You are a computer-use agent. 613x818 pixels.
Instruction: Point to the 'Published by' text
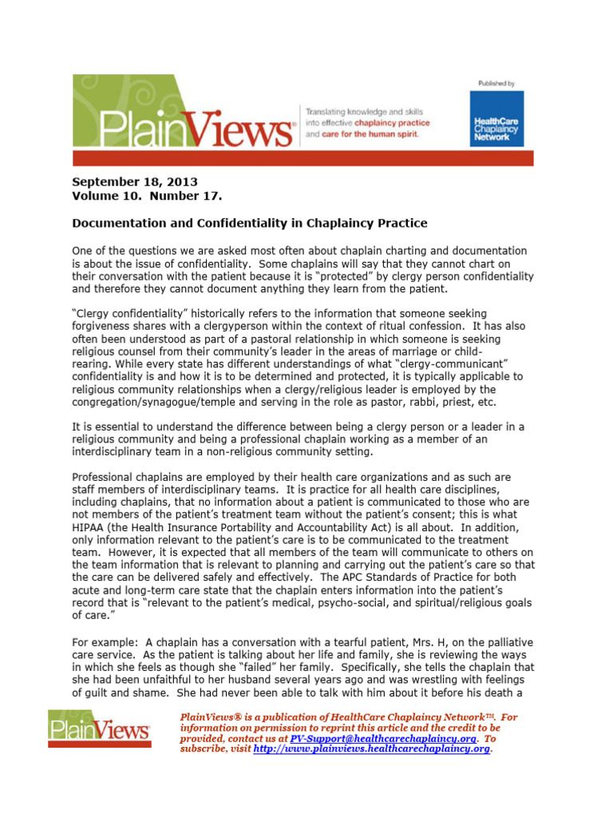click(x=496, y=83)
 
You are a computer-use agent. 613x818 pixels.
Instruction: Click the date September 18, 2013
click(x=135, y=182)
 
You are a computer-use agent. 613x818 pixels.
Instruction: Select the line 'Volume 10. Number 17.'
click(x=148, y=196)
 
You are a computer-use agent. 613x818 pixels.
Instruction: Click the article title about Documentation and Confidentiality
click(x=250, y=222)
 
